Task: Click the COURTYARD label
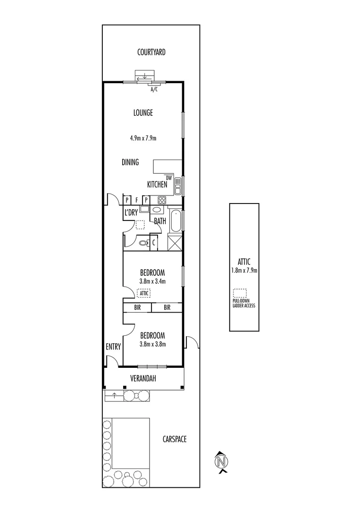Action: coord(151,52)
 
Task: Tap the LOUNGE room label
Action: coord(143,113)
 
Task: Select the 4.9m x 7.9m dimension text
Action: coord(143,138)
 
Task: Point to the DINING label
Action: coord(130,162)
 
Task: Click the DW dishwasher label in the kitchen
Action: coord(169,178)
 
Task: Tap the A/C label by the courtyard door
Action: coord(154,89)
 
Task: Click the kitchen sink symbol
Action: coord(178,187)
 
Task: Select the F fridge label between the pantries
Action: coord(136,200)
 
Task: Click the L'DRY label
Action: coord(131,213)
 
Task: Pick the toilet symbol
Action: coord(143,243)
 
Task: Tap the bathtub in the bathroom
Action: coord(174,220)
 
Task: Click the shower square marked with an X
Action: coord(175,243)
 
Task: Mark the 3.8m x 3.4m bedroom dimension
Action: coord(152,281)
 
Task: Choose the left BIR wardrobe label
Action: coord(137,308)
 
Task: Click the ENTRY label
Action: coord(113,347)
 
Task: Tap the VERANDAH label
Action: coord(143,379)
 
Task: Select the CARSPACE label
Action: coord(175,439)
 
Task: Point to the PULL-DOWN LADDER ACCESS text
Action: coord(244,304)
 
